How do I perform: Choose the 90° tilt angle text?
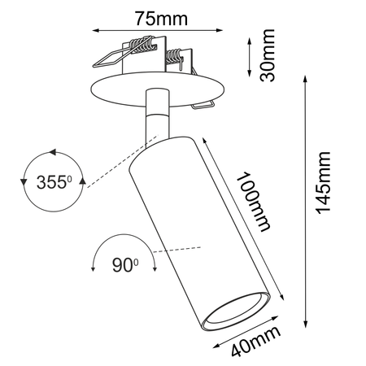click(124, 264)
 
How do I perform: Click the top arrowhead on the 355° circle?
click(54, 151)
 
